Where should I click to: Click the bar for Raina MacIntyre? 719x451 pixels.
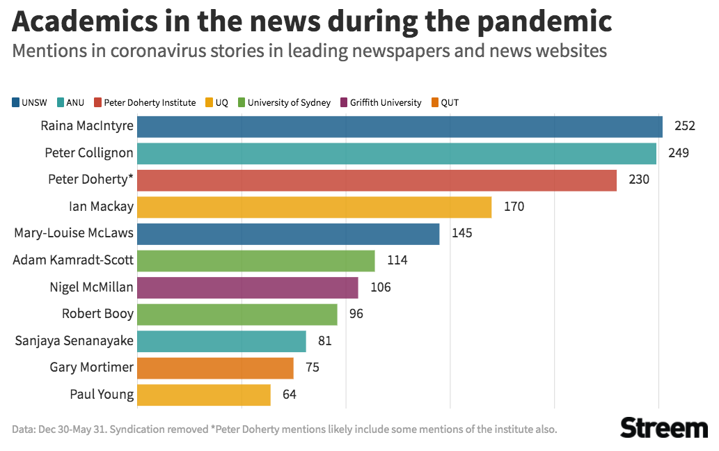click(x=400, y=127)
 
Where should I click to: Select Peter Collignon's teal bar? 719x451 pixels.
click(x=397, y=153)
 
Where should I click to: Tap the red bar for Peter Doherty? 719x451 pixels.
click(x=377, y=180)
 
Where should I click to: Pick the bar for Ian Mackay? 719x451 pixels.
click(x=314, y=207)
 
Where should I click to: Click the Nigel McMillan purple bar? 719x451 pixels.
click(x=248, y=287)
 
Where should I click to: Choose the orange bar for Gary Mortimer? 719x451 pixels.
click(x=215, y=367)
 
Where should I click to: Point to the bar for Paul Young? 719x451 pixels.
click(x=203, y=395)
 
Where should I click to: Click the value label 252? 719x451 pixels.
click(x=685, y=127)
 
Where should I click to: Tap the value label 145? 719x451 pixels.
click(x=461, y=234)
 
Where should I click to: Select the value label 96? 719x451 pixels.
click(x=356, y=314)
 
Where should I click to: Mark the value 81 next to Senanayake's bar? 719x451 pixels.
click(x=324, y=341)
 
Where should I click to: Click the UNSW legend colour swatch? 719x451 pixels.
click(x=16, y=103)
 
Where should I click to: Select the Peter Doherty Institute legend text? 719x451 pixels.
click(x=150, y=103)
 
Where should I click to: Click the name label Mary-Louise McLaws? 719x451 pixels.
click(x=74, y=233)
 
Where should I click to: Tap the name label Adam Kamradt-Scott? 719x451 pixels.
click(x=74, y=260)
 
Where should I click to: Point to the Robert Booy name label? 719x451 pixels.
click(x=97, y=314)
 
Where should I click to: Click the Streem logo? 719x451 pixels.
click(x=663, y=427)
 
